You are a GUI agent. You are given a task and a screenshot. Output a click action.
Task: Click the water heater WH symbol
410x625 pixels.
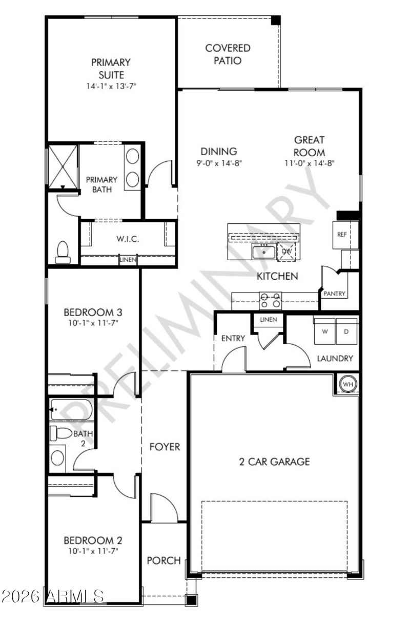coord(348,384)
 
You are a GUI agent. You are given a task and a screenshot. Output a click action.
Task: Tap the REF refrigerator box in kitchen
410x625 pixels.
coord(342,234)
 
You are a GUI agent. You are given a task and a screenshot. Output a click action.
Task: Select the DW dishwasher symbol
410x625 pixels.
coord(286,251)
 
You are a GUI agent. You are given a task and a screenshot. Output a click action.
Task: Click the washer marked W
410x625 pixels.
coord(324,331)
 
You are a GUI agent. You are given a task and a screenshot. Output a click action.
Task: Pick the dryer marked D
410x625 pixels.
coord(346,331)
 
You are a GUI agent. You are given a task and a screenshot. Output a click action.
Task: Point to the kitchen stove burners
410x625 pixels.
coord(270,300)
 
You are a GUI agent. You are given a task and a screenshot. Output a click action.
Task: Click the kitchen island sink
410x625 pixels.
coord(263,252)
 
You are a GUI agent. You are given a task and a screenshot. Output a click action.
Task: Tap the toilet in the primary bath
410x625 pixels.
coord(63,252)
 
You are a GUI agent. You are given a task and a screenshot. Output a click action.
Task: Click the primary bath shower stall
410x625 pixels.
coord(62,166)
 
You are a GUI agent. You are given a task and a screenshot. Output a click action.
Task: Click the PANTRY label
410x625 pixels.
coord(335,294)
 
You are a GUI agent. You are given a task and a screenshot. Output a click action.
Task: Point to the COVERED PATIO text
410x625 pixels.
coord(228,54)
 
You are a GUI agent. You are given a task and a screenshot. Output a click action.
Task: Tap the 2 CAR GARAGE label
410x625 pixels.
coord(275,462)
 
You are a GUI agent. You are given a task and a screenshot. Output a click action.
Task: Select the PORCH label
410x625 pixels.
coord(164,560)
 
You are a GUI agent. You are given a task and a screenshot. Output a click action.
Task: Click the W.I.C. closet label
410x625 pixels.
coord(128,239)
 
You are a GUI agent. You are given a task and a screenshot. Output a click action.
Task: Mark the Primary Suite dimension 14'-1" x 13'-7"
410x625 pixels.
coord(111,86)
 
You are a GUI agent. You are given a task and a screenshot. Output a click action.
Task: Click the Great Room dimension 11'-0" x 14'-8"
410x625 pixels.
coord(310,163)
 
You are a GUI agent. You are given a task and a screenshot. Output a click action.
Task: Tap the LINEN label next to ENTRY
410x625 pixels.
coord(268,320)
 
